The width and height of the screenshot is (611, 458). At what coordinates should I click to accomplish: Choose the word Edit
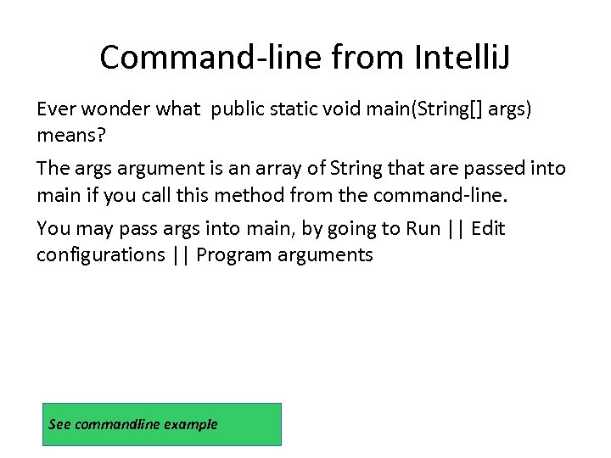click(x=488, y=229)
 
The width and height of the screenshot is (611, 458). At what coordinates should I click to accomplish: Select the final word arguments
click(x=325, y=255)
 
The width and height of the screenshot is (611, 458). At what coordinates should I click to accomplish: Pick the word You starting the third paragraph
click(x=53, y=229)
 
